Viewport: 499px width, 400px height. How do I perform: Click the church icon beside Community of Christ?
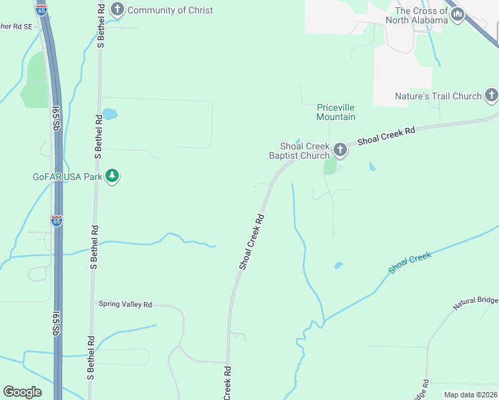117,9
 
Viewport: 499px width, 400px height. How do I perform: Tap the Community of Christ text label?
170,10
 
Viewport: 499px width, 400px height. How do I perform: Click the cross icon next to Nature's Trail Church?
491,95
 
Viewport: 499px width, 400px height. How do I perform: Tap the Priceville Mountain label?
336,112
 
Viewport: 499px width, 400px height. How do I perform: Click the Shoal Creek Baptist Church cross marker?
340,149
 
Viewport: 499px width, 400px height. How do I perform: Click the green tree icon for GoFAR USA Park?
113,176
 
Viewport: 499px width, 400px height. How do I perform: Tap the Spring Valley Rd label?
125,304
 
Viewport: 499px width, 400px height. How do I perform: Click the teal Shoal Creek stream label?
410,262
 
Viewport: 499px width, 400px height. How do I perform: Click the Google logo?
22,392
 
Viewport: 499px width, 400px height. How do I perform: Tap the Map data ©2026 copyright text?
470,395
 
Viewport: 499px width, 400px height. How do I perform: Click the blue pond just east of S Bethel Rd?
110,113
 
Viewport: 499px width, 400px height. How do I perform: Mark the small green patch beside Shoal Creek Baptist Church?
330,165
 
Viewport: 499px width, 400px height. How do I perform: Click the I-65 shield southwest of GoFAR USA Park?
57,221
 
